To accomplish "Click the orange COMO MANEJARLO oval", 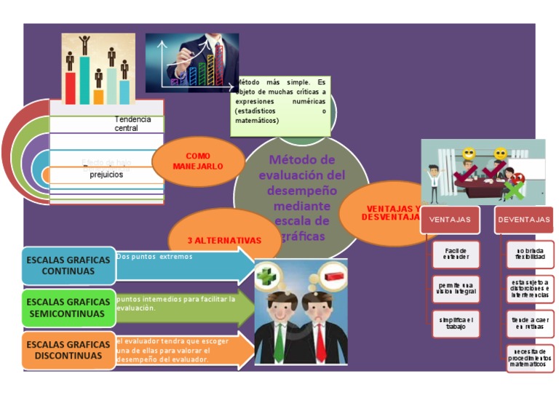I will (197, 161).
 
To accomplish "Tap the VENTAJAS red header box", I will (449, 220).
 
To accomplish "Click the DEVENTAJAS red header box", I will (523, 220).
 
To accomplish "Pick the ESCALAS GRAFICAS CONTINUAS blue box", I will (68, 266).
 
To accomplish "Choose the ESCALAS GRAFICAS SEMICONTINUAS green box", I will (68, 308).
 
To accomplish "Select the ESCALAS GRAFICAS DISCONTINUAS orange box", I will (68, 350).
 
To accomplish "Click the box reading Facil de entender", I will (456, 254).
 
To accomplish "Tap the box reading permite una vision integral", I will (456, 288).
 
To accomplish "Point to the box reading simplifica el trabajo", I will (456, 324).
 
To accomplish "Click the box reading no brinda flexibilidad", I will (530, 254).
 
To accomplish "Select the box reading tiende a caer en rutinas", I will (530, 324).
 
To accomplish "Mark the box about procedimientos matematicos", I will (530, 359).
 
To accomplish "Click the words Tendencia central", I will (132, 124).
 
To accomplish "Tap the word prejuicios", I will (106, 175).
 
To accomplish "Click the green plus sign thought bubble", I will (266, 276).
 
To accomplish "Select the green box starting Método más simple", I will (280, 106).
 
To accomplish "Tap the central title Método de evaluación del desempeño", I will (301, 197).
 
